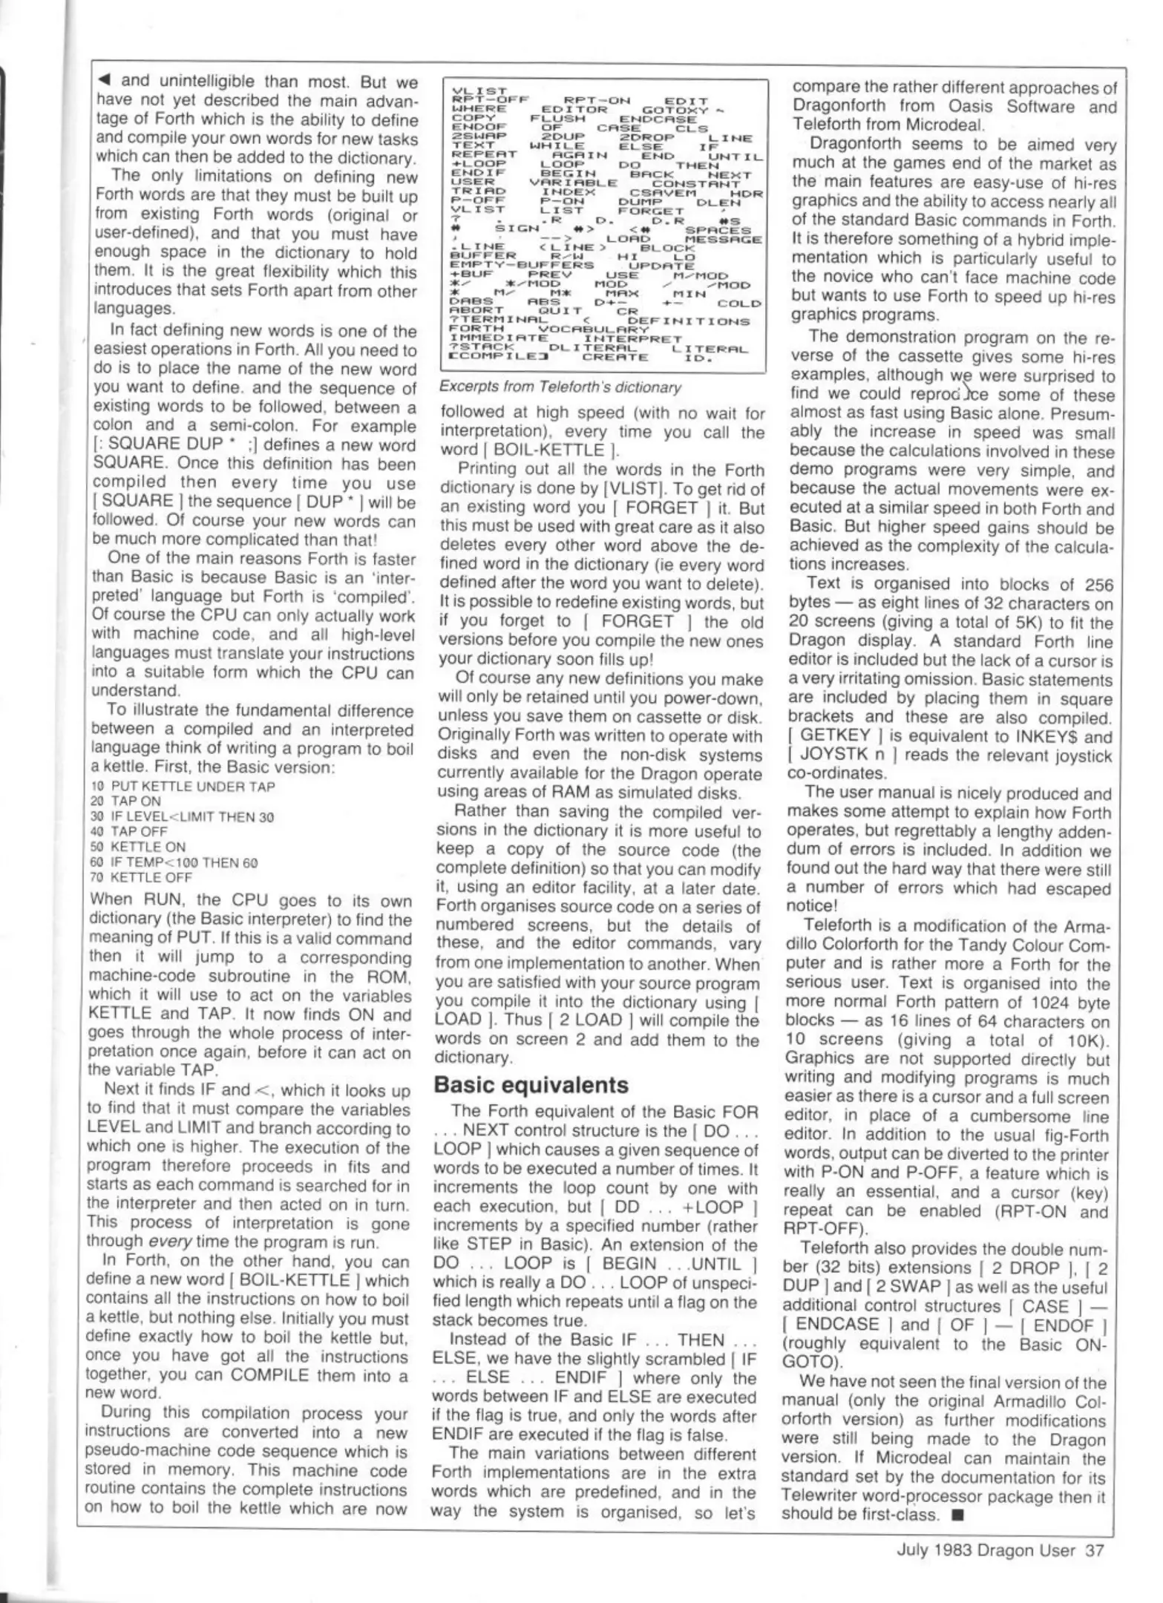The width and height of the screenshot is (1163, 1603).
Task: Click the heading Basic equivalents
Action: [x=531, y=1084]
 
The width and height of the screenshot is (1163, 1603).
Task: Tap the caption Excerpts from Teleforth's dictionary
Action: [x=560, y=387]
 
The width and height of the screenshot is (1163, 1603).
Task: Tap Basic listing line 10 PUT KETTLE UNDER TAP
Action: [x=183, y=786]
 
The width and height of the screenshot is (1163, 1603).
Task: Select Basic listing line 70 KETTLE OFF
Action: [x=140, y=877]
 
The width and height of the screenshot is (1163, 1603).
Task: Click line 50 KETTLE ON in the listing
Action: [x=138, y=847]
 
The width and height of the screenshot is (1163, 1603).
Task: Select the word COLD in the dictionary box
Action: [x=739, y=303]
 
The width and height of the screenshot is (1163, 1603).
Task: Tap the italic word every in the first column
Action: [x=164, y=1242]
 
